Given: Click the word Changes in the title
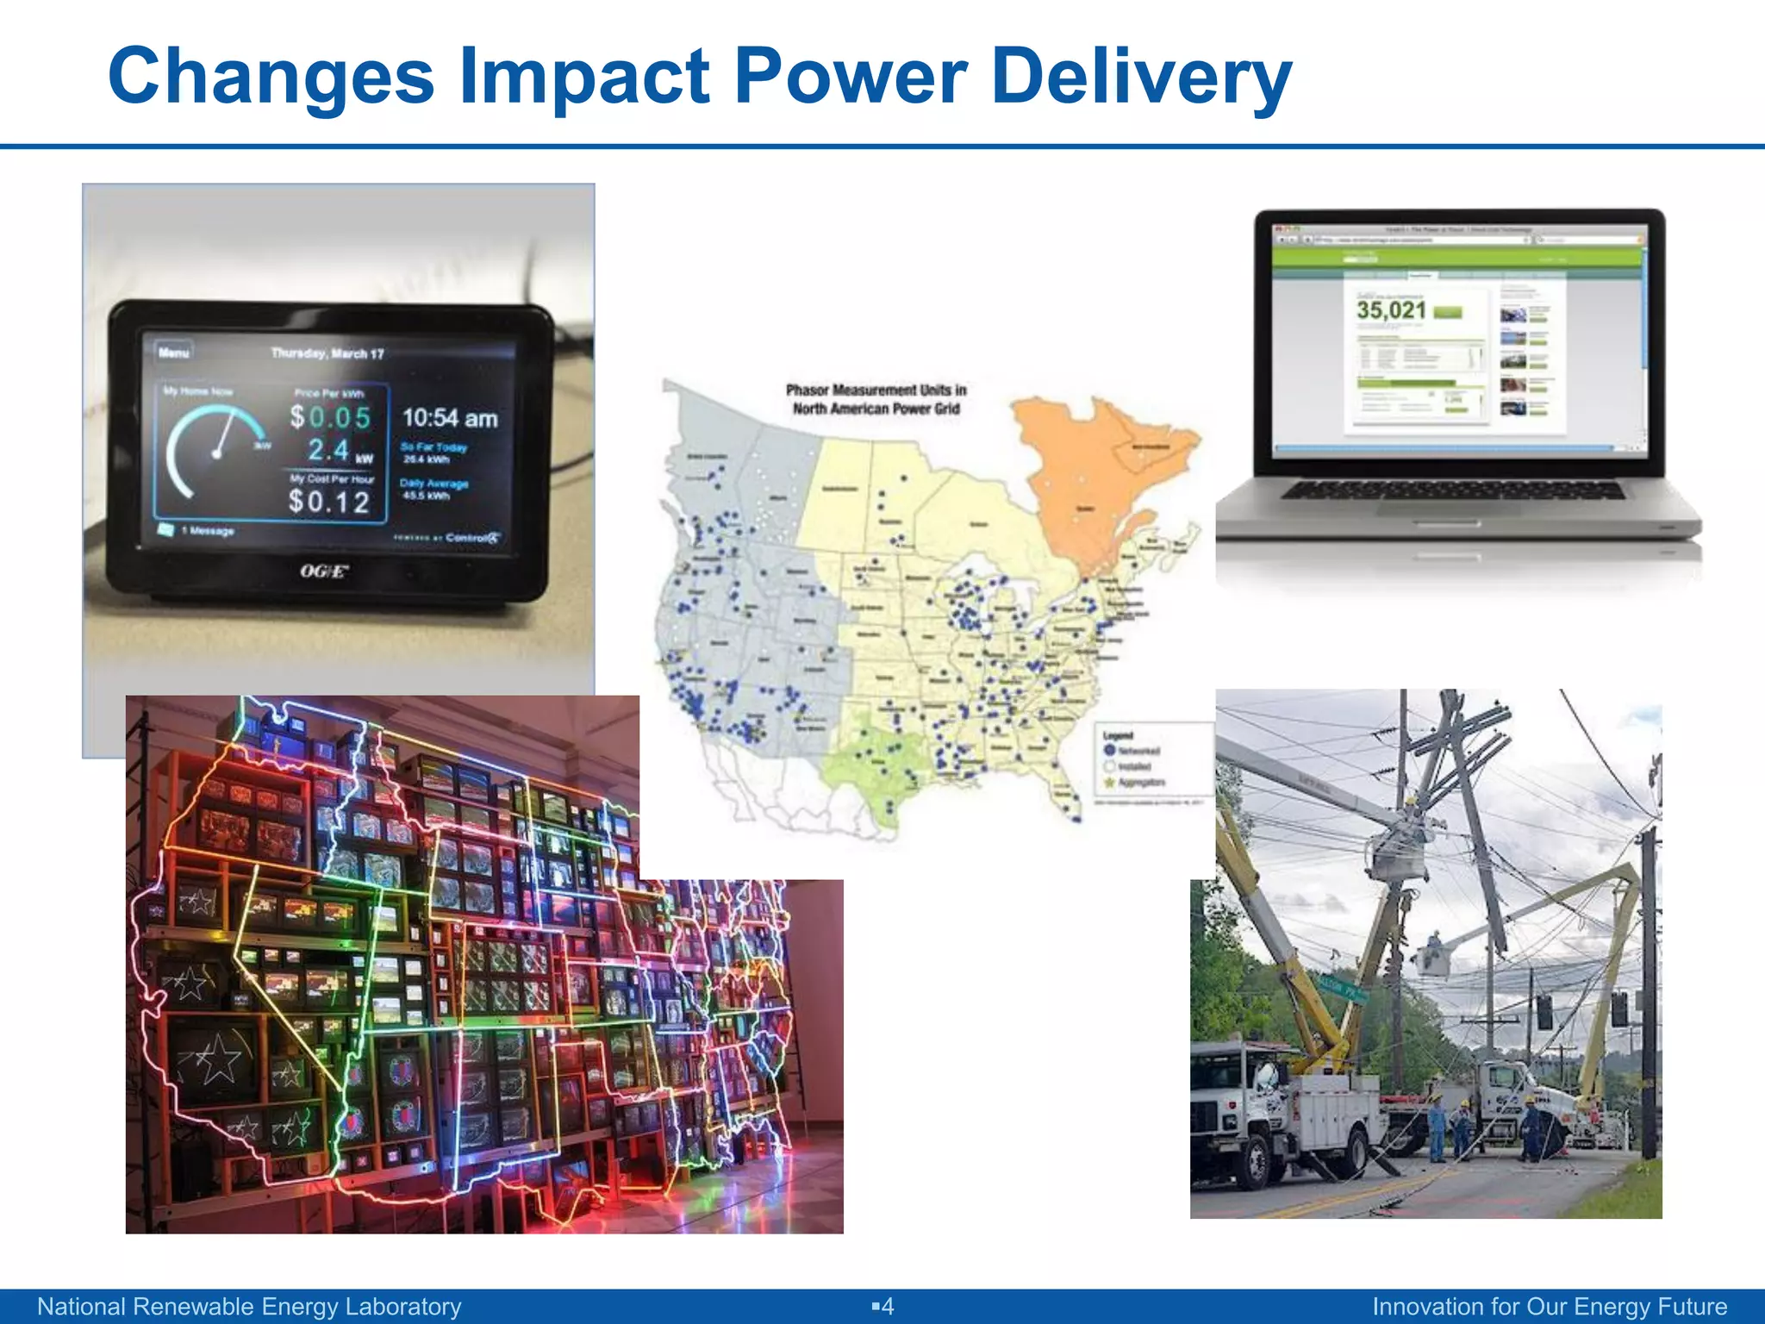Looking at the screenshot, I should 271,78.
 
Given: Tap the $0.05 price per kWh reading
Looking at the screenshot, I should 330,417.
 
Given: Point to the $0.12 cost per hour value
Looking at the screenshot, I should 328,501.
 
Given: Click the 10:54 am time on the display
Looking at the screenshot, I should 450,419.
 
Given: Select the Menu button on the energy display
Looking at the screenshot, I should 173,353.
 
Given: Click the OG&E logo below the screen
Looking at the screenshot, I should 324,571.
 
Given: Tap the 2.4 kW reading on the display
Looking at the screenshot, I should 330,450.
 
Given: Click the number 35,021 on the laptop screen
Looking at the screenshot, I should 1391,310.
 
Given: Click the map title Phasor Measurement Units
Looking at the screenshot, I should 876,399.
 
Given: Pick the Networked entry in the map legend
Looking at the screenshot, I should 1136,751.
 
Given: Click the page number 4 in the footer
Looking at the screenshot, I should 887,1307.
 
